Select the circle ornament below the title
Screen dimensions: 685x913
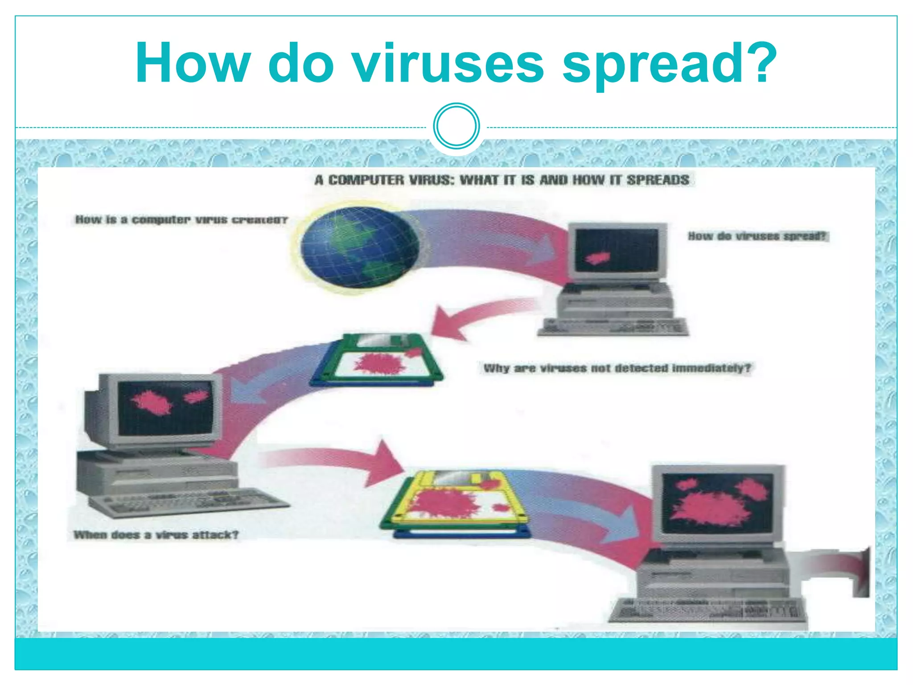(x=456, y=126)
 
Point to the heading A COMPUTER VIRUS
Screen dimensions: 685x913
(x=502, y=180)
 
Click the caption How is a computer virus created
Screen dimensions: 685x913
(x=181, y=220)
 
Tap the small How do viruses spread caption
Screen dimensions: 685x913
(x=757, y=236)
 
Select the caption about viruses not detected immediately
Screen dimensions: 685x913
(x=617, y=368)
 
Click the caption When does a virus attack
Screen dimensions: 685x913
(x=156, y=535)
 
